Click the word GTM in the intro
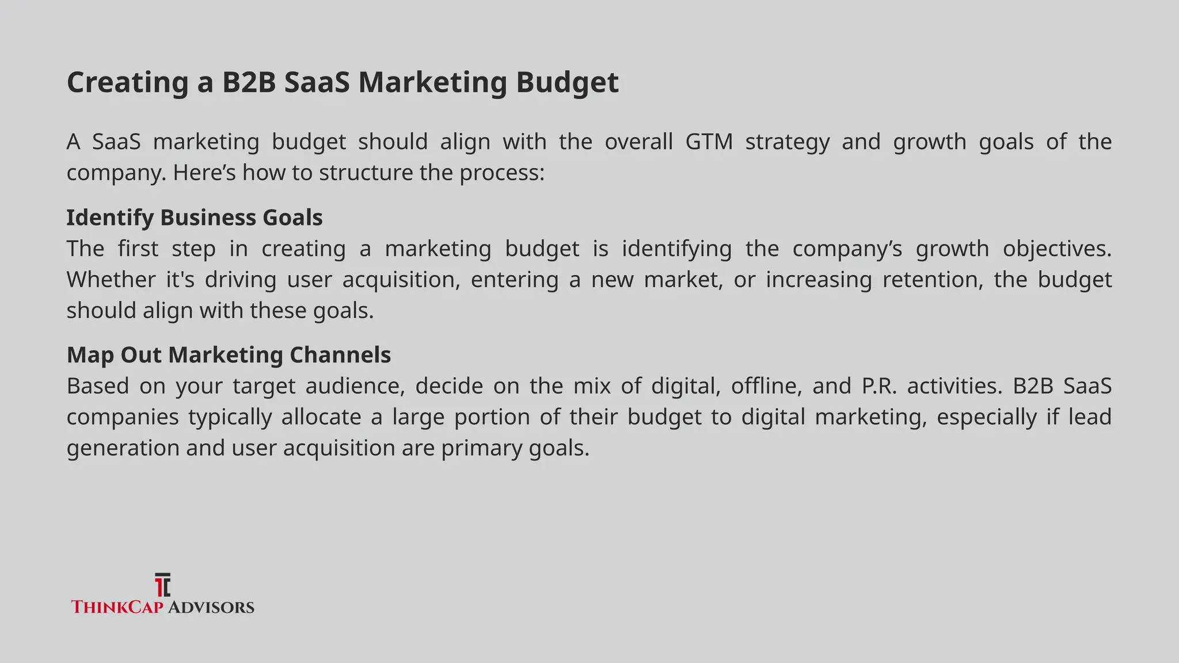coord(709,142)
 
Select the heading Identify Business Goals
coord(195,218)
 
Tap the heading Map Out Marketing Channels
coord(229,355)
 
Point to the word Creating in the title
coord(127,82)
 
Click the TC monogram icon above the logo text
coord(163,585)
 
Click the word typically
coord(230,417)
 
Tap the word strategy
coord(787,142)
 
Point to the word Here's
coord(204,173)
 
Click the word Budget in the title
coord(567,82)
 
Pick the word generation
coord(123,448)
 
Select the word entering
coord(514,280)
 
